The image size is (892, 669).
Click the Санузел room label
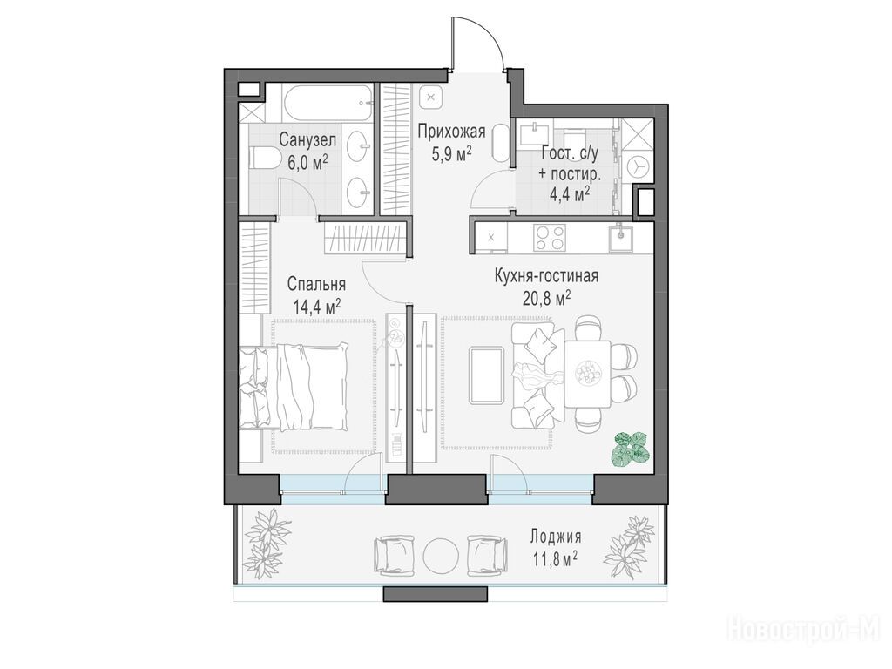click(x=307, y=140)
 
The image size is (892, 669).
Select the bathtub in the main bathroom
click(x=328, y=103)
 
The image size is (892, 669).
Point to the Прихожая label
click(x=451, y=132)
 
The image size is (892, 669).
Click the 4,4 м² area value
click(x=569, y=194)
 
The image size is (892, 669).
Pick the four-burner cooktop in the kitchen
click(x=550, y=237)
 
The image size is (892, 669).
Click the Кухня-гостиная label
click(x=546, y=276)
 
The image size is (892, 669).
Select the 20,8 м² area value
click(x=547, y=298)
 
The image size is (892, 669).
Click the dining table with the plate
click(x=587, y=374)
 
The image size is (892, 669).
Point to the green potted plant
click(x=631, y=449)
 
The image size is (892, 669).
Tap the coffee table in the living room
click(x=486, y=375)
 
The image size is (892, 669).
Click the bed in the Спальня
click(x=294, y=388)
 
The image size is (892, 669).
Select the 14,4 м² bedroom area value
click(x=317, y=307)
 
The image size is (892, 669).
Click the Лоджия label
click(x=556, y=537)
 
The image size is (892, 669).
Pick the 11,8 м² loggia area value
click(x=555, y=559)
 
